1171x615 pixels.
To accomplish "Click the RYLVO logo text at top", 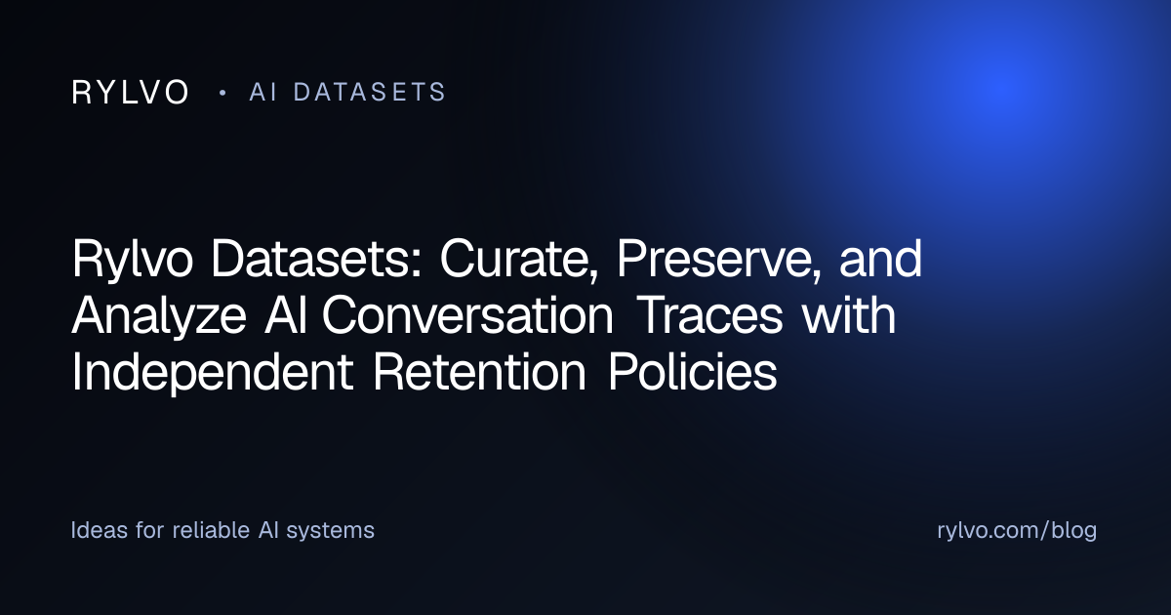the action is (130, 93).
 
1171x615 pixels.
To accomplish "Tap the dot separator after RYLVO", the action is (223, 93).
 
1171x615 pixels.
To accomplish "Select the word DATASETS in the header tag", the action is (369, 92).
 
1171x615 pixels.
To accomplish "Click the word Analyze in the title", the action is (159, 316).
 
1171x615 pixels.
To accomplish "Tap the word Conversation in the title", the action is (467, 315).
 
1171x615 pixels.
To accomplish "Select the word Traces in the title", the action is (711, 315).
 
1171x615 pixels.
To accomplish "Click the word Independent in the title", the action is (213, 373).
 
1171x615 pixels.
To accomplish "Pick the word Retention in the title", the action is (479, 372).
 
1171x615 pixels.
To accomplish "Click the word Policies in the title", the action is (692, 372).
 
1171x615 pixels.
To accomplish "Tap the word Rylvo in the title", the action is (133, 260).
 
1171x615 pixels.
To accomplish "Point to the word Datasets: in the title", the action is (316, 259).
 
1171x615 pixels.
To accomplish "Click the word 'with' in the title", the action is (849, 314).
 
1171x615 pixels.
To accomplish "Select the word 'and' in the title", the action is (881, 259).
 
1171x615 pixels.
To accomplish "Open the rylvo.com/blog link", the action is (1017, 530).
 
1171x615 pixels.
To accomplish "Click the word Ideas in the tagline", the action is (100, 530).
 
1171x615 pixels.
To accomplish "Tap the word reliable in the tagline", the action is (211, 530).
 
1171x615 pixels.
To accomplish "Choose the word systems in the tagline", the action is (331, 531).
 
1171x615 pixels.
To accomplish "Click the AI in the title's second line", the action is (285, 315).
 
